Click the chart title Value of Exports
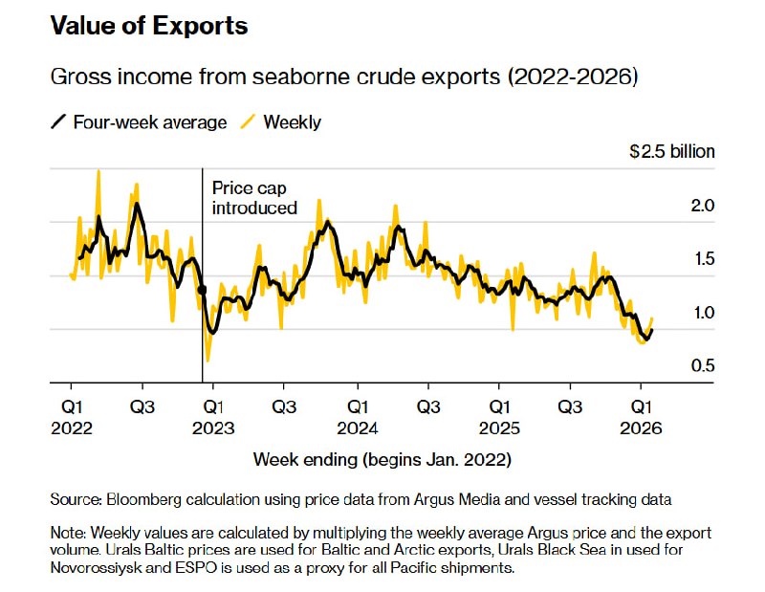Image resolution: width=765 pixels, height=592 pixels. (148, 26)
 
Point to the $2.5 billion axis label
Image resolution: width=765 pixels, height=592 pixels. (671, 151)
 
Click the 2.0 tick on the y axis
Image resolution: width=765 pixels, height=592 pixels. (703, 206)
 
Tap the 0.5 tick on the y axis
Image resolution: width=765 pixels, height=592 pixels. (703, 365)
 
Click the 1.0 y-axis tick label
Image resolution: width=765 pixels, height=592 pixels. (703, 313)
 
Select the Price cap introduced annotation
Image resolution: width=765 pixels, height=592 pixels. (253, 198)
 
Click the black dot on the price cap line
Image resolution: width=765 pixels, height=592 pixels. (202, 290)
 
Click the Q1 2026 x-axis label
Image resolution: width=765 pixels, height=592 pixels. (643, 417)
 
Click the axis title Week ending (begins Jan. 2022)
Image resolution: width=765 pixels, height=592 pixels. (382, 459)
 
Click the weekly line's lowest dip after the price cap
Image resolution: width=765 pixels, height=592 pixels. (208, 362)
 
